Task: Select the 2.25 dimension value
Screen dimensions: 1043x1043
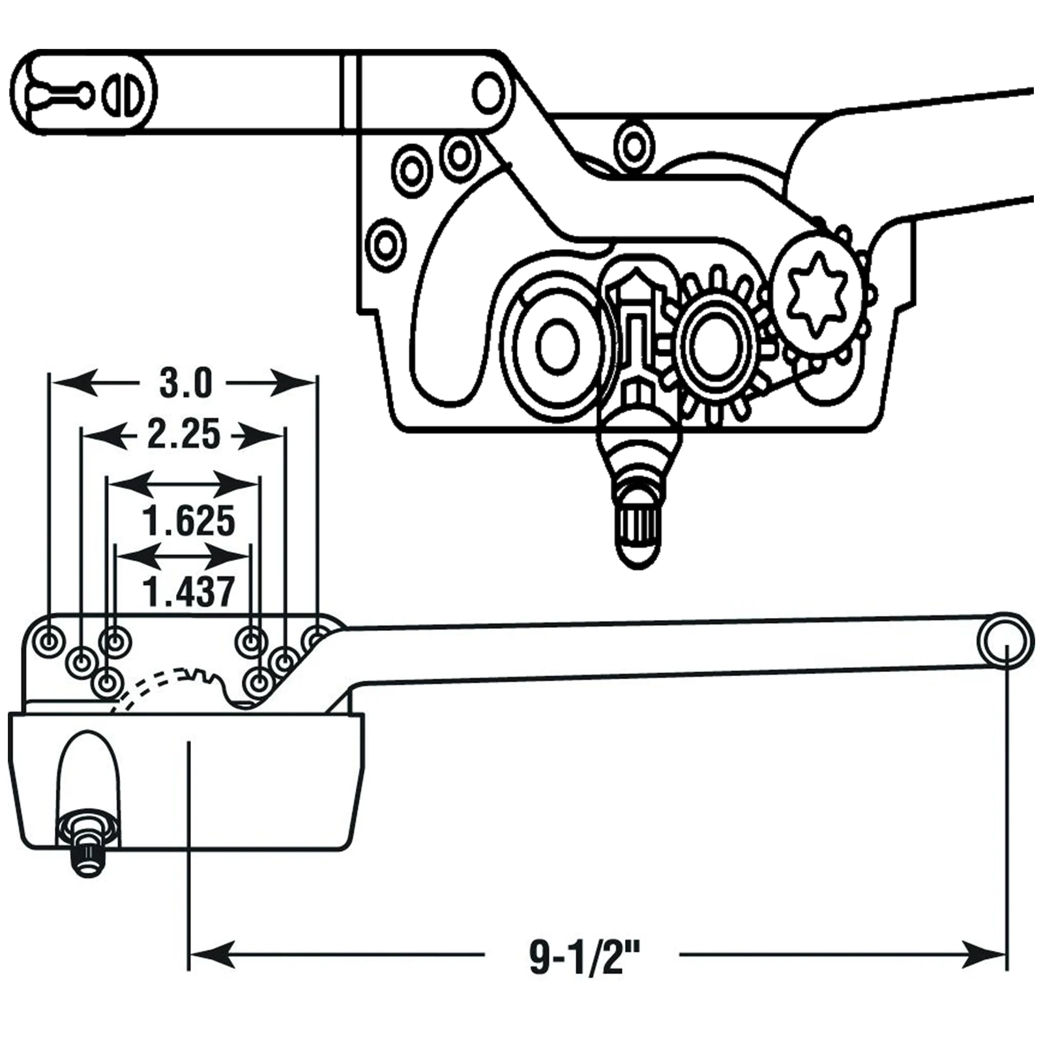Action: click(x=184, y=435)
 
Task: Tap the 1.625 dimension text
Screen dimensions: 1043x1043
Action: click(x=189, y=521)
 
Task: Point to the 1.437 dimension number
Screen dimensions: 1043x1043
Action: click(x=189, y=591)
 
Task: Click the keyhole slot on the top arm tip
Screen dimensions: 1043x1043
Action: click(x=59, y=95)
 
